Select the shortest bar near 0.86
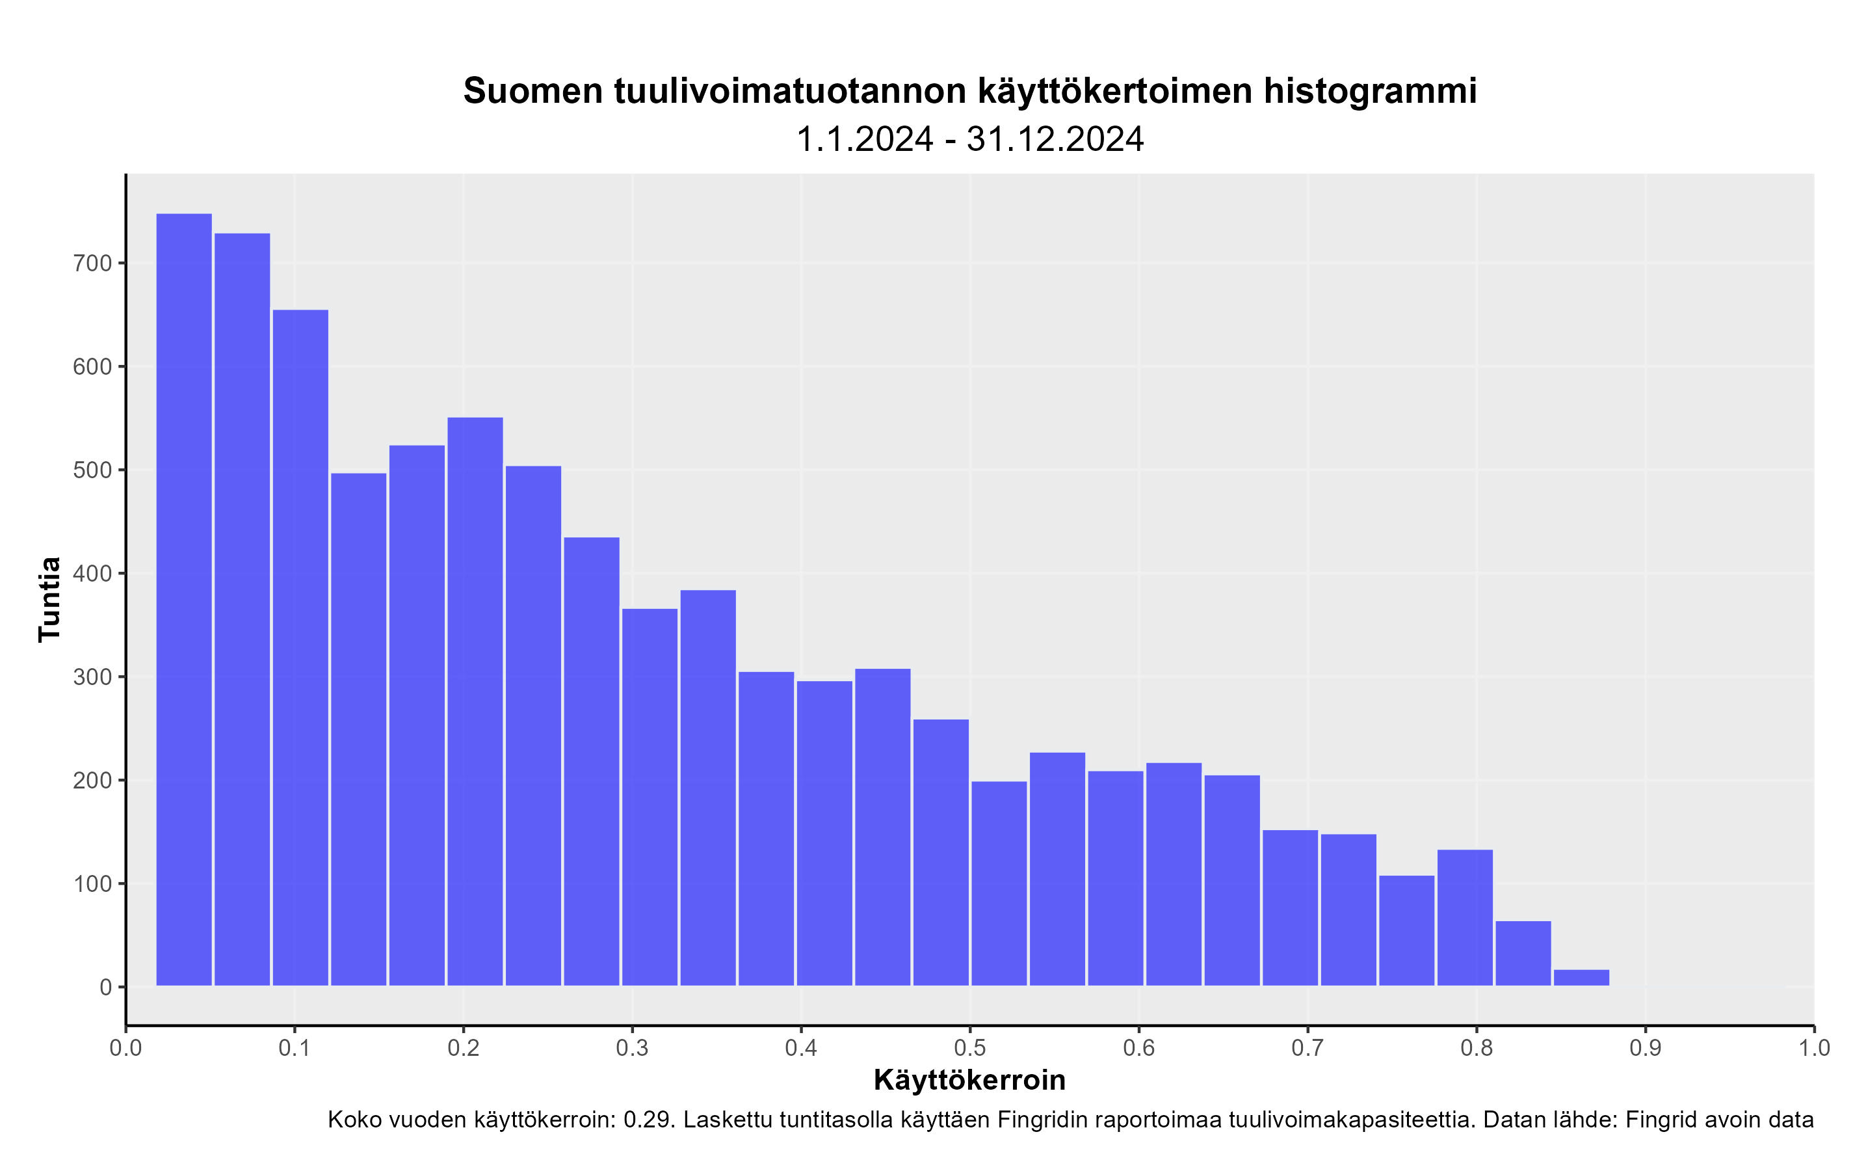pyautogui.click(x=1581, y=977)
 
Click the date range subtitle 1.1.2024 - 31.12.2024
pyautogui.click(x=969, y=139)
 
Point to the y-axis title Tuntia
pyautogui.click(x=49, y=599)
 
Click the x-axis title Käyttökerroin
pyautogui.click(x=969, y=1079)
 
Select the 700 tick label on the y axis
pyautogui.click(x=92, y=263)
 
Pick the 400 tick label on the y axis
pyautogui.click(x=92, y=574)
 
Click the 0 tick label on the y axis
pyautogui.click(x=105, y=987)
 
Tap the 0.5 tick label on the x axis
pyautogui.click(x=969, y=1048)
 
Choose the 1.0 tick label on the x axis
pyautogui.click(x=1814, y=1048)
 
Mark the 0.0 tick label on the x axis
pyautogui.click(x=125, y=1048)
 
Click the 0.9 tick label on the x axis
pyautogui.click(x=1645, y=1048)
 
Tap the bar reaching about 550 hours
pyautogui.click(x=475, y=701)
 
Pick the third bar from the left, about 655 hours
pyautogui.click(x=300, y=647)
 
